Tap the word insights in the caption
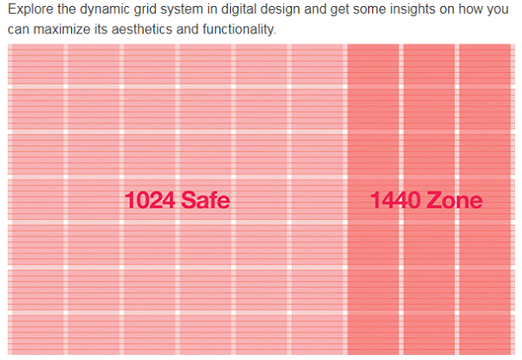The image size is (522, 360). pos(410,12)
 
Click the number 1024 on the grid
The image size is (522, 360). pos(150,201)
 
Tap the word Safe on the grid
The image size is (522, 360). pos(205,201)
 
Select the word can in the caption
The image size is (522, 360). pos(19,30)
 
